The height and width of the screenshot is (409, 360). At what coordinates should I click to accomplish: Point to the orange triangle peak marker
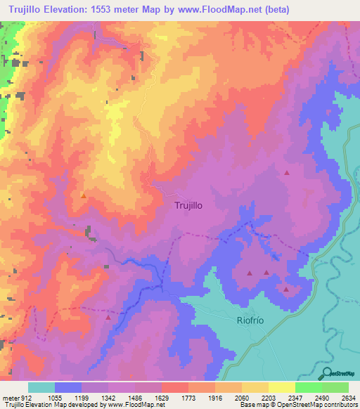pos(83,195)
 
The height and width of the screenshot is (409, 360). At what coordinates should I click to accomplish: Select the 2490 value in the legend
pos(322,396)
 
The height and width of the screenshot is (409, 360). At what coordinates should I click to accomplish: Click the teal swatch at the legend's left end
pos(41,387)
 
